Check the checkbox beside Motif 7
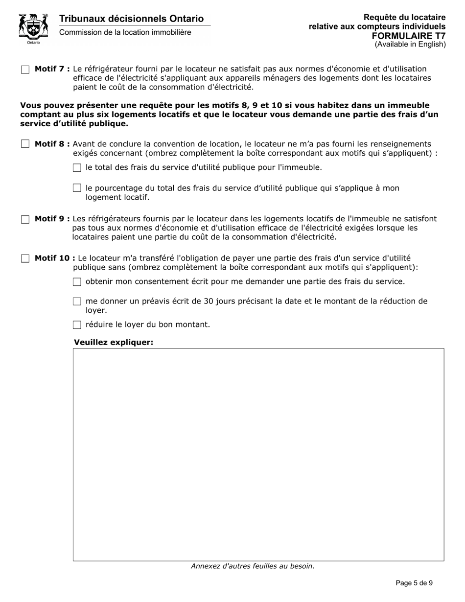click(25, 69)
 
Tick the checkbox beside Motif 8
click(25, 144)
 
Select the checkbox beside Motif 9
click(25, 219)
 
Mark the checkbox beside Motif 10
click(25, 258)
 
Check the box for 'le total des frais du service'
click(77, 168)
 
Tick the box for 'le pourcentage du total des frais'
click(77, 188)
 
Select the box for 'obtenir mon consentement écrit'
click(77, 282)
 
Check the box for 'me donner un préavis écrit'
click(77, 301)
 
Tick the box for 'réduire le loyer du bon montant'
click(77, 324)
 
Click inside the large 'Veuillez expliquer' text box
click(258, 454)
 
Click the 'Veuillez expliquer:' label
click(114, 342)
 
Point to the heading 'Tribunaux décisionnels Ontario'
click(131, 19)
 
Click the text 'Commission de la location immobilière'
click(125, 32)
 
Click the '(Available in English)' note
click(410, 44)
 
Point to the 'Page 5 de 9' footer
click(414, 583)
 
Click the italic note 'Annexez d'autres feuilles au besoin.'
click(253, 566)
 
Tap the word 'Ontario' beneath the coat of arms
click(33, 43)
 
